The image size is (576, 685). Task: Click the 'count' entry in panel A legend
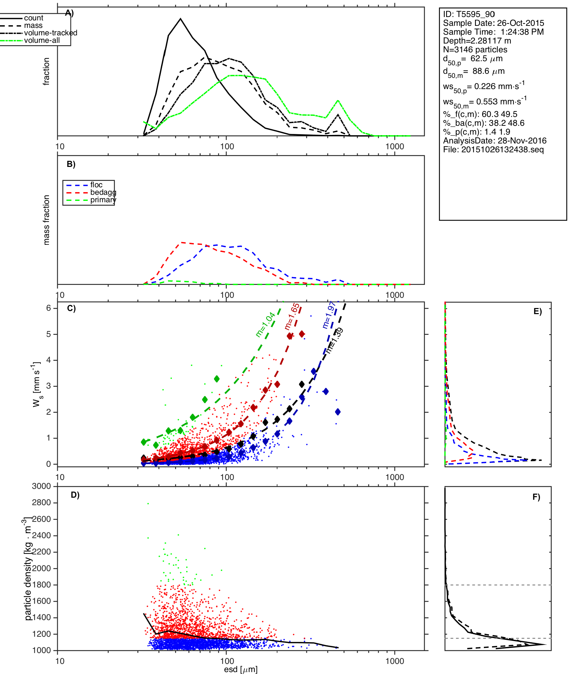click(x=33, y=18)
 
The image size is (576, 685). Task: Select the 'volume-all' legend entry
click(x=42, y=40)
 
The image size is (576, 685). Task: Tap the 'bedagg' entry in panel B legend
click(x=103, y=192)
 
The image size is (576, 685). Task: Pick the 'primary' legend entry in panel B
click(x=103, y=200)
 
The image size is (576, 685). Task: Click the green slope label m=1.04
click(x=265, y=325)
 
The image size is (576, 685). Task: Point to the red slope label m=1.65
click(x=292, y=316)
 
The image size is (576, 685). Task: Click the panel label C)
click(x=71, y=308)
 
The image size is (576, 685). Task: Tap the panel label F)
click(x=536, y=497)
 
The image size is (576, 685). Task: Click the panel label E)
click(x=538, y=312)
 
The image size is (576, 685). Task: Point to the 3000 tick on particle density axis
click(x=41, y=486)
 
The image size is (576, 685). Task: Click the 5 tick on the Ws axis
click(x=49, y=334)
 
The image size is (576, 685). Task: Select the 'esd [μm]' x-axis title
click(x=241, y=670)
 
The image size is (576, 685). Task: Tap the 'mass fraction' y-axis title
click(x=47, y=220)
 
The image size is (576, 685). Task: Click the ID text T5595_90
click(x=469, y=14)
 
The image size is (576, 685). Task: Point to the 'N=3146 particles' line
click(x=475, y=50)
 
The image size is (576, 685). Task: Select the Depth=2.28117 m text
click(x=477, y=41)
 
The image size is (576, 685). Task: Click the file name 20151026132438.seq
click(x=493, y=150)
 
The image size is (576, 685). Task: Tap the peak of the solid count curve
click(x=181, y=19)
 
